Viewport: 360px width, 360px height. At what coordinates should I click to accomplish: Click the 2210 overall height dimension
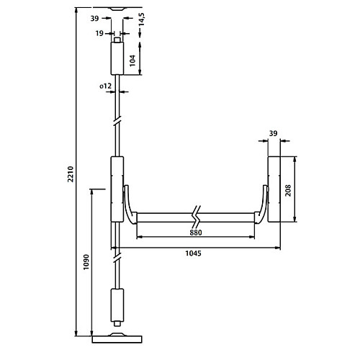click(71, 174)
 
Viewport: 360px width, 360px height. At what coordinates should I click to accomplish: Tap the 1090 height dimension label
click(86, 262)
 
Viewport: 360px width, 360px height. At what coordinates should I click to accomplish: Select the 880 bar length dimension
click(196, 233)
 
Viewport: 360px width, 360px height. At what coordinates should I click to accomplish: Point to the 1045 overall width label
click(194, 253)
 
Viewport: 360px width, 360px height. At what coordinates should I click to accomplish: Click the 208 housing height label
click(288, 191)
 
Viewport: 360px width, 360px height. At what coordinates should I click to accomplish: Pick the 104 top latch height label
click(132, 60)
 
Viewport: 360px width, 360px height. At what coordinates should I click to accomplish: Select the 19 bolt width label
click(99, 33)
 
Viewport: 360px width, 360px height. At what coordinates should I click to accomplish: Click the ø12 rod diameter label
click(106, 86)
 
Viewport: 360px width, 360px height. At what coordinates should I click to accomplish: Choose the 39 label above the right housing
click(273, 133)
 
